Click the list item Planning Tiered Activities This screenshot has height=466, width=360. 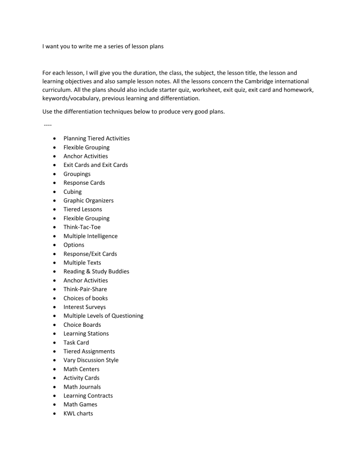click(97, 138)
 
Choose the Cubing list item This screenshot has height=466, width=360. click(73, 192)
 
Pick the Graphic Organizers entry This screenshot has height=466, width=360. click(89, 201)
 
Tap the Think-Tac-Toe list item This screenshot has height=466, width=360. click(82, 227)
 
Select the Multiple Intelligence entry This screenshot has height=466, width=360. click(90, 236)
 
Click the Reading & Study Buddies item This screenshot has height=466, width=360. click(96, 271)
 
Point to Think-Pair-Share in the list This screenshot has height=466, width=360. click(85, 289)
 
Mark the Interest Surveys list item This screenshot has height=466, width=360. click(85, 307)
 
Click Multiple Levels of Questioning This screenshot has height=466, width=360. click(104, 316)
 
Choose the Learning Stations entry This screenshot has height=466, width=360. click(86, 333)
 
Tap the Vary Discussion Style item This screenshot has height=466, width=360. click(91, 360)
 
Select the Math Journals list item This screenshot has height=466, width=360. click(82, 387)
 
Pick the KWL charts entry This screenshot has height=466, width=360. click(78, 413)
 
